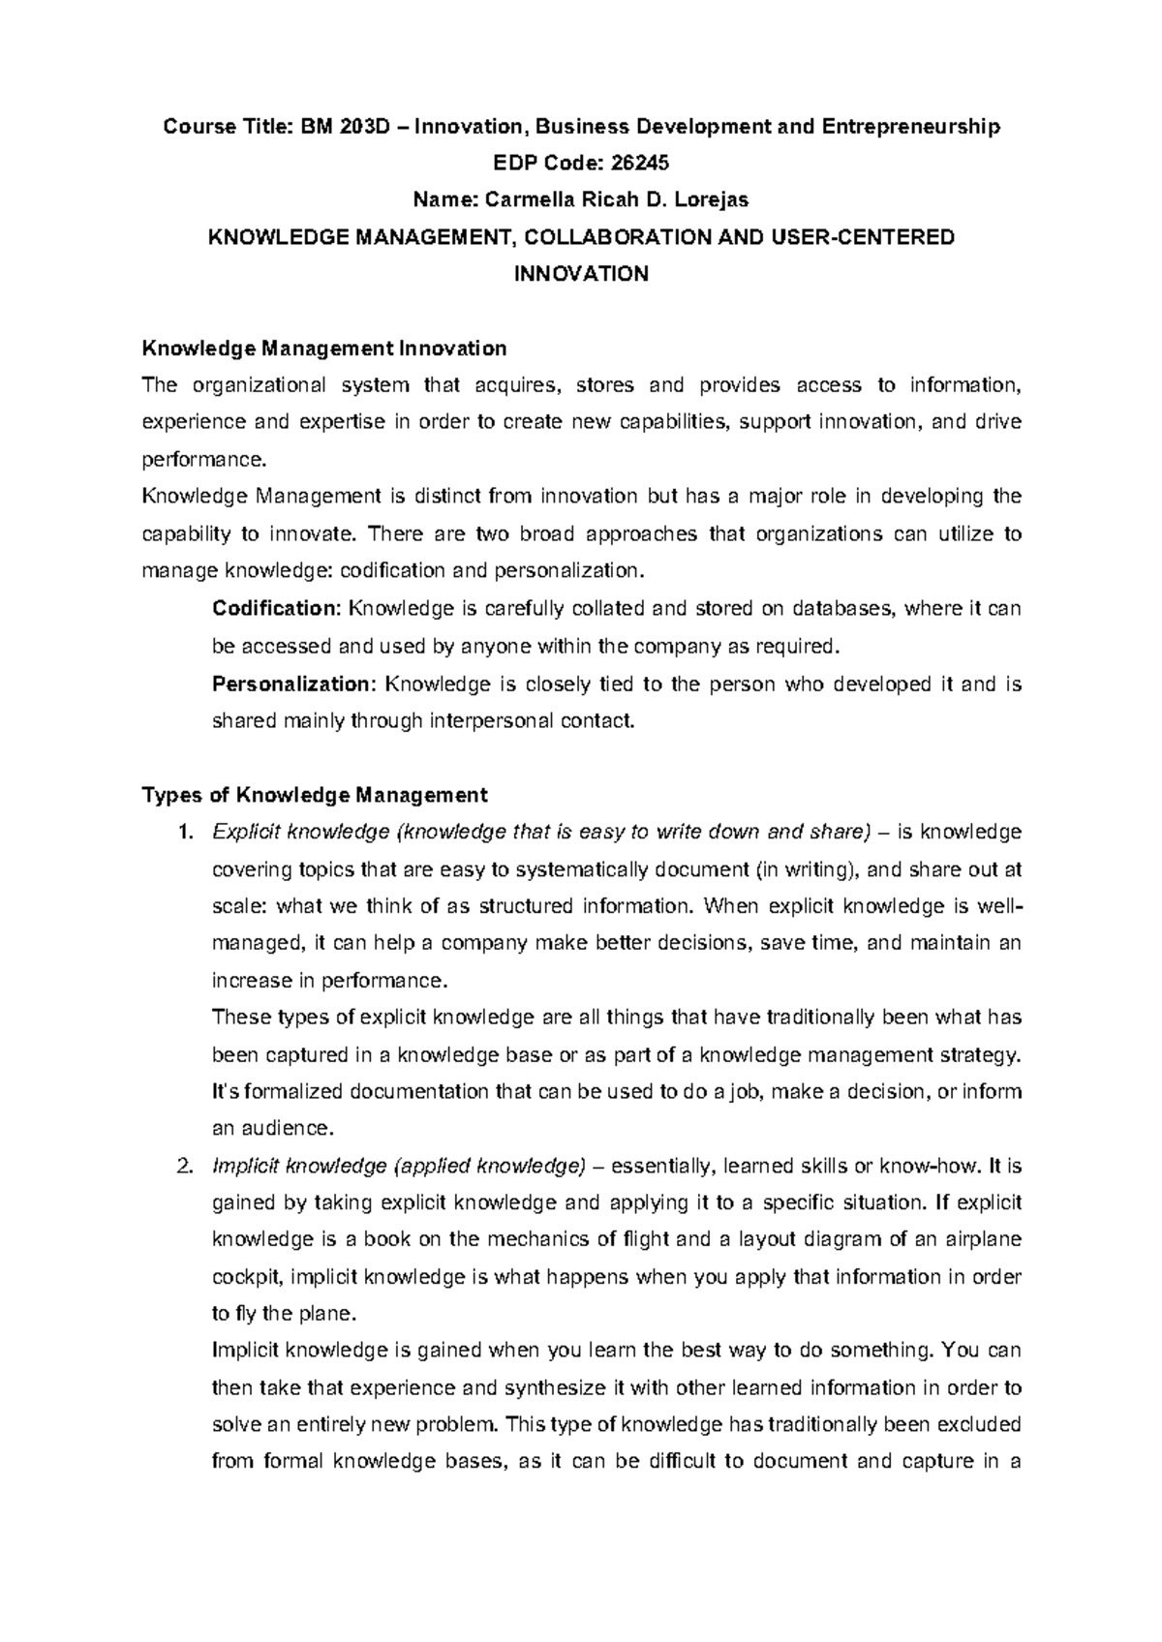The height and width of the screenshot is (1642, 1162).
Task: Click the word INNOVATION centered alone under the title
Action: (580, 275)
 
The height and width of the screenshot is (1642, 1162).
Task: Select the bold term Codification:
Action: (276, 609)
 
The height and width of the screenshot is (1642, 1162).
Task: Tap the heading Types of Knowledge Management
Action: (315, 796)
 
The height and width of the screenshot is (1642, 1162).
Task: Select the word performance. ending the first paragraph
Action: (201, 460)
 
